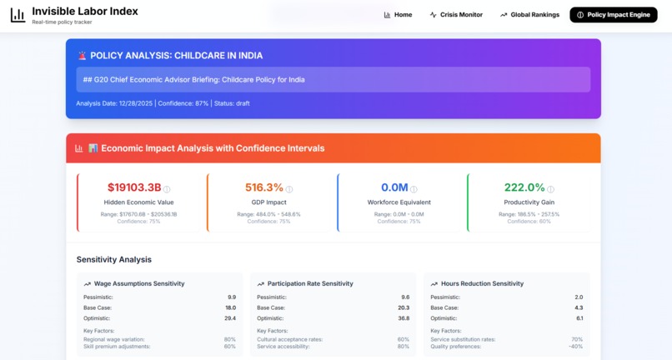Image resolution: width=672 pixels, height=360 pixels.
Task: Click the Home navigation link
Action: coord(398,15)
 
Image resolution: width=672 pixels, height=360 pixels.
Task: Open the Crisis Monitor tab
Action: coord(456,15)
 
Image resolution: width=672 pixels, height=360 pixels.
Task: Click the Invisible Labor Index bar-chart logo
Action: coord(18,15)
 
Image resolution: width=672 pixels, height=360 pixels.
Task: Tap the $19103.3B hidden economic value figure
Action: coord(134,188)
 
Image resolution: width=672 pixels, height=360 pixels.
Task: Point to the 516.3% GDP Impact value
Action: coord(264,188)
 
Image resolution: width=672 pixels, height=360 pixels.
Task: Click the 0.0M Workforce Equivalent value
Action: coord(394,188)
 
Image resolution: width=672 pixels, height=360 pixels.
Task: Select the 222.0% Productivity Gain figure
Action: coord(524,188)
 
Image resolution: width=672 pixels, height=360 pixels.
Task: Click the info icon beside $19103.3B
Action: coord(167,189)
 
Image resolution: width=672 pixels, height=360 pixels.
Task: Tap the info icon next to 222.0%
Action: coord(551,189)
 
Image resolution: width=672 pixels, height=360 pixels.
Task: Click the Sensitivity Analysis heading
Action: coord(114,260)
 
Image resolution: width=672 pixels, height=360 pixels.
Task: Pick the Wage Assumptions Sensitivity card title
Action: coord(139,284)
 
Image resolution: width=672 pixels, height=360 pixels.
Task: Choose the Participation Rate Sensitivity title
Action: coord(310,284)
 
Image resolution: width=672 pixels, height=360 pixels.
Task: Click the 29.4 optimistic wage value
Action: coord(231,318)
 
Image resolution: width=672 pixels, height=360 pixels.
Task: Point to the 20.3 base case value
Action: coord(404,307)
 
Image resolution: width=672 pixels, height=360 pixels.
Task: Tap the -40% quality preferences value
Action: coord(575,347)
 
